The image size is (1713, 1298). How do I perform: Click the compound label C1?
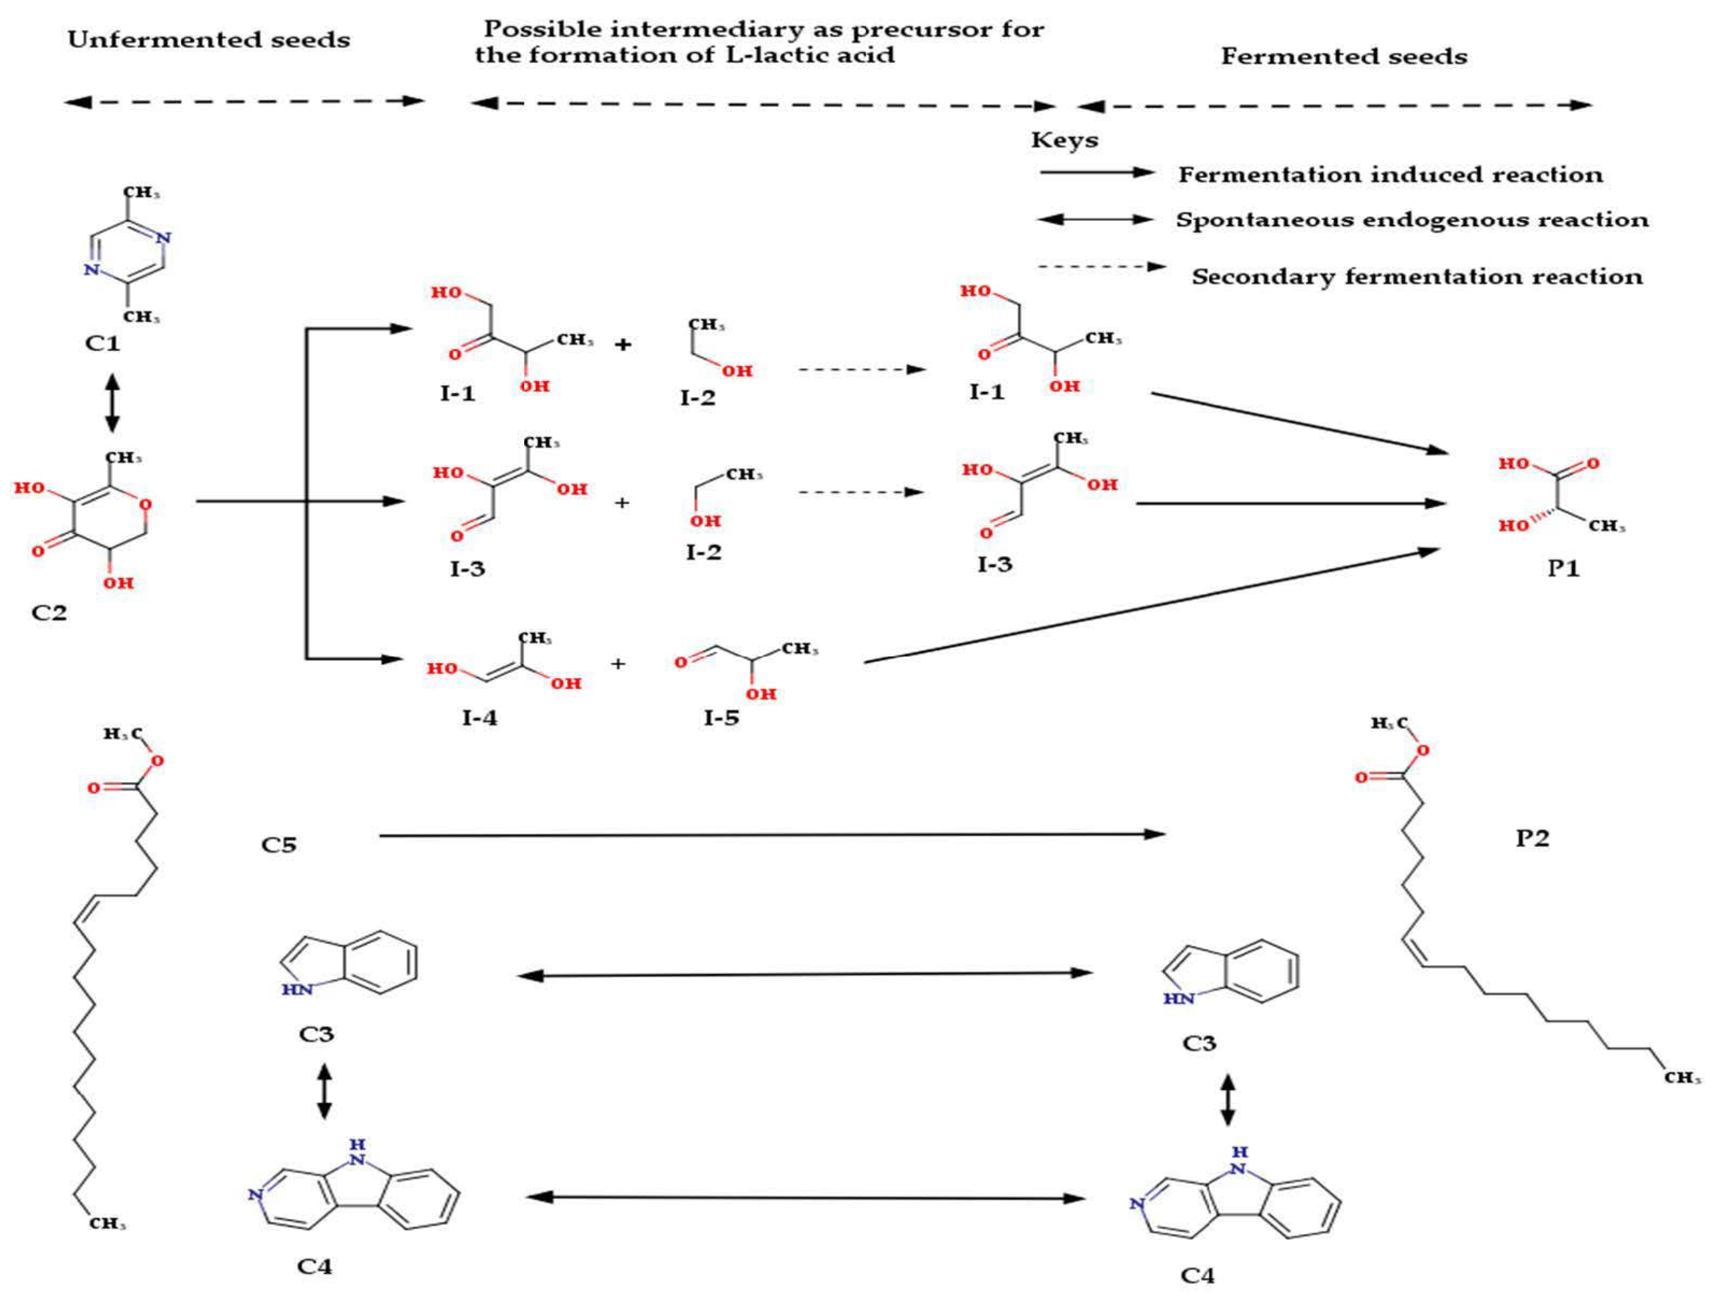coord(103,342)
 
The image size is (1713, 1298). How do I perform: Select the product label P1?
coord(1563,569)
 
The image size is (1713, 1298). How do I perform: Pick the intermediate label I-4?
coord(479,718)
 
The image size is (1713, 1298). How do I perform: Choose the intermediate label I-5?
coord(721,718)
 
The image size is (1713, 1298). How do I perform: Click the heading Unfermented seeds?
coord(208,40)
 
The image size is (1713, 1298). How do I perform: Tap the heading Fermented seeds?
coord(1344,56)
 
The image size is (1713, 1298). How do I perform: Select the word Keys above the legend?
coord(1064,140)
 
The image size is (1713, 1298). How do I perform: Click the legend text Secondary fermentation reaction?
coord(1417,277)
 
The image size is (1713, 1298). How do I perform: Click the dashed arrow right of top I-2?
coord(862,369)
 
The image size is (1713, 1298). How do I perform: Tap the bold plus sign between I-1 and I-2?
coord(623,344)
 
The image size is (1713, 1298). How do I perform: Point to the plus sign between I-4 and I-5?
coord(618,663)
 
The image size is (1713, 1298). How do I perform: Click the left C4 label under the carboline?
coord(315,1266)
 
